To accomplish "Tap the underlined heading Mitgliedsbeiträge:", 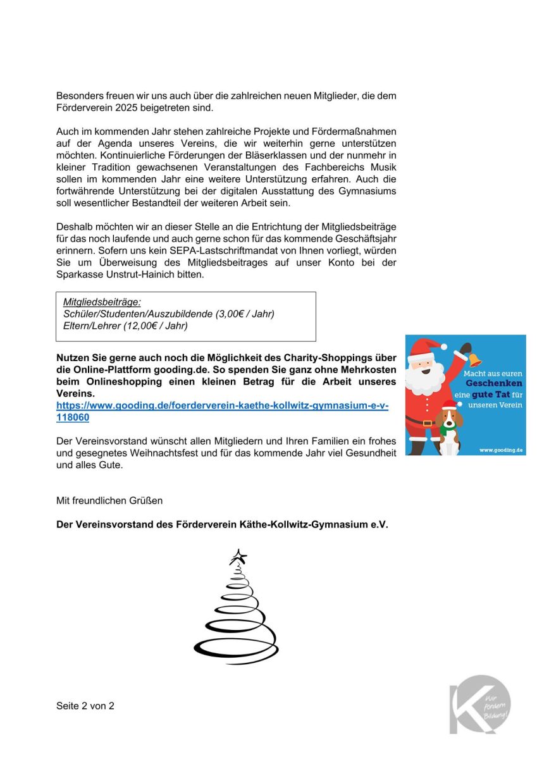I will pyautogui.click(x=102, y=302).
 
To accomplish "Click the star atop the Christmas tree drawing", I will pyautogui.click(x=238, y=557).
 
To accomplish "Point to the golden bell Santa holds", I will pyautogui.click(x=472, y=357).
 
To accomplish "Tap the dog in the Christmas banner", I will pyautogui.click(x=449, y=427).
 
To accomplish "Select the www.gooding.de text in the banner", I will pyautogui.click(x=500, y=450).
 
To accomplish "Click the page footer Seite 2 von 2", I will pyautogui.click(x=85, y=706).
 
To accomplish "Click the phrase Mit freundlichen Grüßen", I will pyautogui.click(x=109, y=500).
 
